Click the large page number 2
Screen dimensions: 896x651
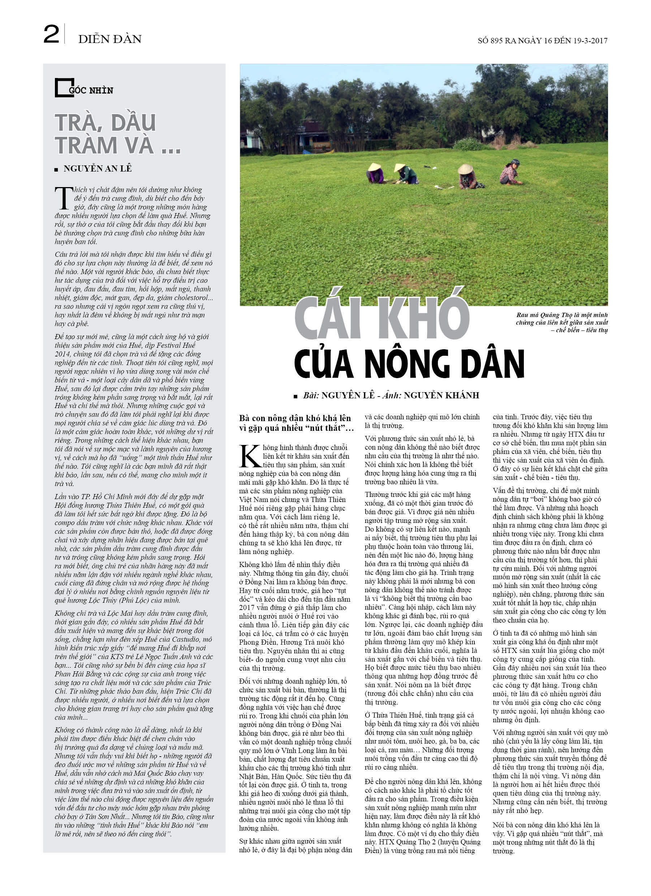51,34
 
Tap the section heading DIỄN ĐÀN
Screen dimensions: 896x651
109,39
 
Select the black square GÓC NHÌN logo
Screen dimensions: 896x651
64,88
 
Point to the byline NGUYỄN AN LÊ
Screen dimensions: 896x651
98,169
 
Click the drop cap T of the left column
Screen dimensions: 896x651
64,198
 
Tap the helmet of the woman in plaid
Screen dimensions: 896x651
515,162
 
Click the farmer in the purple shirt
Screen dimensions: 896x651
375,174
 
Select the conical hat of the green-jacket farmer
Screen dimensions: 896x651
400,168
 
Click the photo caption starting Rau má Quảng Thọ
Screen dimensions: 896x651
561,323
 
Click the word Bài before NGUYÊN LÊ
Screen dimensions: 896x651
311,395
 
